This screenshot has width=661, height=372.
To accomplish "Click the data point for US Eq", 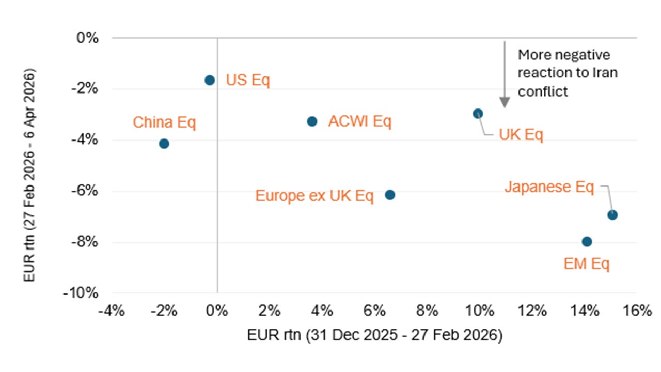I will [210, 80].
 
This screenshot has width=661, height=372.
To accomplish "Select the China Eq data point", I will [164, 144].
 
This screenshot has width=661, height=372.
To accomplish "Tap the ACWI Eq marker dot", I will [312, 121].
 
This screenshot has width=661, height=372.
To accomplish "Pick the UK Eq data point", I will [478, 114].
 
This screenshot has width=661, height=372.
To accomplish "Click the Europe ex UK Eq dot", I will [390, 195].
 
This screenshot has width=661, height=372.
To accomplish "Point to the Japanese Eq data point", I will [612, 215].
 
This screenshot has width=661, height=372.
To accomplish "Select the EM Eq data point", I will [587, 242].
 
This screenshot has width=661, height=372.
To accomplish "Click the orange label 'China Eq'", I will [164, 123].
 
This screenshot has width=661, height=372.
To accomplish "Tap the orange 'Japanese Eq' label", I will [549, 187].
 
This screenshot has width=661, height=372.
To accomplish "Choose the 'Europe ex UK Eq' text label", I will [314, 196].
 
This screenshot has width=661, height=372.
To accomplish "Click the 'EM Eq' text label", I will [587, 264].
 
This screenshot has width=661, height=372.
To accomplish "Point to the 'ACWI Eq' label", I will [360, 122].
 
